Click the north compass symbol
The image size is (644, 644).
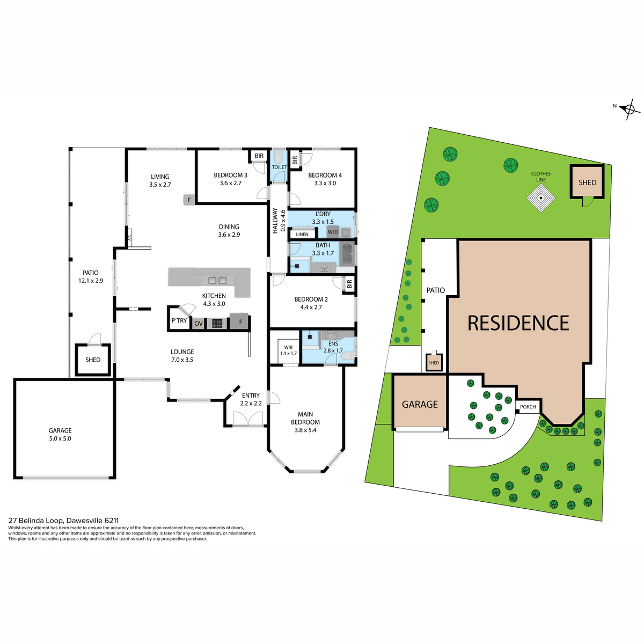(629, 109)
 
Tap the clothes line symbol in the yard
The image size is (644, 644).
(541, 197)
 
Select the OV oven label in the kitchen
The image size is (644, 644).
(198, 324)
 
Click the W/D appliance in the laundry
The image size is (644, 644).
(333, 232)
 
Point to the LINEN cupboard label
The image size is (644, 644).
(302, 235)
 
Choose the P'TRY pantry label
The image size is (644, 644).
(179, 320)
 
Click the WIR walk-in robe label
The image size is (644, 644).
(288, 347)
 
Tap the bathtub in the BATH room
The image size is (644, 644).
(348, 254)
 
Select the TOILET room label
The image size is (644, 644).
(279, 167)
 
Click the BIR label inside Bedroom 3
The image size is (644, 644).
(259, 156)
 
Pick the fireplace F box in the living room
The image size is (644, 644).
(189, 200)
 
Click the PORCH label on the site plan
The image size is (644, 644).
(528, 407)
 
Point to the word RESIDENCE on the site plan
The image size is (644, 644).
(518, 323)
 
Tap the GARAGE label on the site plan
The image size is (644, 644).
(420, 405)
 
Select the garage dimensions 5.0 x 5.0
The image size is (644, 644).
(60, 438)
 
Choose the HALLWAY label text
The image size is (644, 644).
(275, 221)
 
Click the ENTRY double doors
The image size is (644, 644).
(247, 419)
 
